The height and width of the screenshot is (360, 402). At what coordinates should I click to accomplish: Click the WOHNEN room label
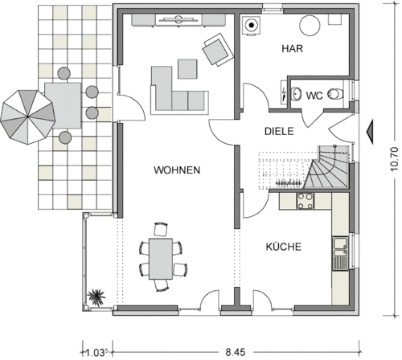pyautogui.click(x=177, y=170)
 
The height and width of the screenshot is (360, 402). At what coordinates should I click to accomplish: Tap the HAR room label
pyautogui.click(x=293, y=48)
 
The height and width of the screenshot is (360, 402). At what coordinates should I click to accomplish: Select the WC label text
pyautogui.click(x=314, y=96)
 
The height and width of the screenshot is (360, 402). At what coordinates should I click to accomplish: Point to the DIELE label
pyautogui.click(x=279, y=131)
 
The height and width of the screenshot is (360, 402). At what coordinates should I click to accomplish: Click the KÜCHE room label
pyautogui.click(x=284, y=247)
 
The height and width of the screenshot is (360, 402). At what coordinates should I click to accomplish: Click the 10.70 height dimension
pyautogui.click(x=394, y=159)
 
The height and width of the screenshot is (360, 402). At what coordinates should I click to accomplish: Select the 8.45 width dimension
pyautogui.click(x=236, y=352)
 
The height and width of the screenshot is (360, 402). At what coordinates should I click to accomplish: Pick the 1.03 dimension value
pyautogui.click(x=96, y=353)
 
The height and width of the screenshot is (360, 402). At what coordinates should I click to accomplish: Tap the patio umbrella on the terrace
pyautogui.click(x=28, y=117)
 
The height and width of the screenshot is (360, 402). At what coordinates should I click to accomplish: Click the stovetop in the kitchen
pyautogui.click(x=306, y=201)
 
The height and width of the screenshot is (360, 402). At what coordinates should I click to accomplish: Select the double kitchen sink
pyautogui.click(x=340, y=253)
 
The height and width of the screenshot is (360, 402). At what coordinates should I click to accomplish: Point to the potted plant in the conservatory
pyautogui.click(x=96, y=297)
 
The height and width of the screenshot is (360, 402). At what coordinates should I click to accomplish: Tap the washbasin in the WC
pyautogui.click(x=296, y=94)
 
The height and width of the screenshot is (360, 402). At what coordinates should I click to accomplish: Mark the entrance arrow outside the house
pyautogui.click(x=370, y=132)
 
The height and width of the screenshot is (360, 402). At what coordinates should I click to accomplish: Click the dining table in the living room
pyautogui.click(x=161, y=259)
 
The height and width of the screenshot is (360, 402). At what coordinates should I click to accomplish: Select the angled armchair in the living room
pyautogui.click(x=218, y=50)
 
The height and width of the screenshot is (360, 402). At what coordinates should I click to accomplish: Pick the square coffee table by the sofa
pyautogui.click(x=187, y=69)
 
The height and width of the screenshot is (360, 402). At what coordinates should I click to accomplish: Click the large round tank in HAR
pyautogui.click(x=310, y=26)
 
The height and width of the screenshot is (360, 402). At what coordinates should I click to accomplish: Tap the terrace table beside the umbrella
pyautogui.click(x=64, y=105)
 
